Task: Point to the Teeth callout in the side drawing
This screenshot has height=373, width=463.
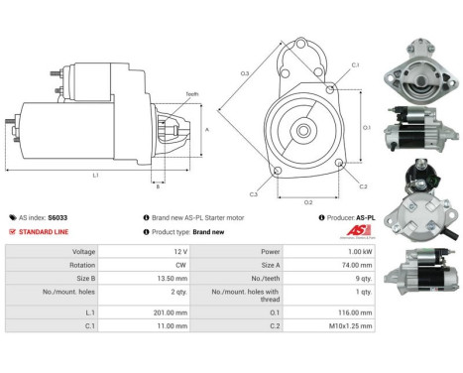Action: tap(191, 94)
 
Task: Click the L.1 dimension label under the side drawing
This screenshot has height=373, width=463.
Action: tap(94, 175)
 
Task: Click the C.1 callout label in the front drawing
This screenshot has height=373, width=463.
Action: tap(355, 65)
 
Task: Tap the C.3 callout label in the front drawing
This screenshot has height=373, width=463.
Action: tap(254, 194)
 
